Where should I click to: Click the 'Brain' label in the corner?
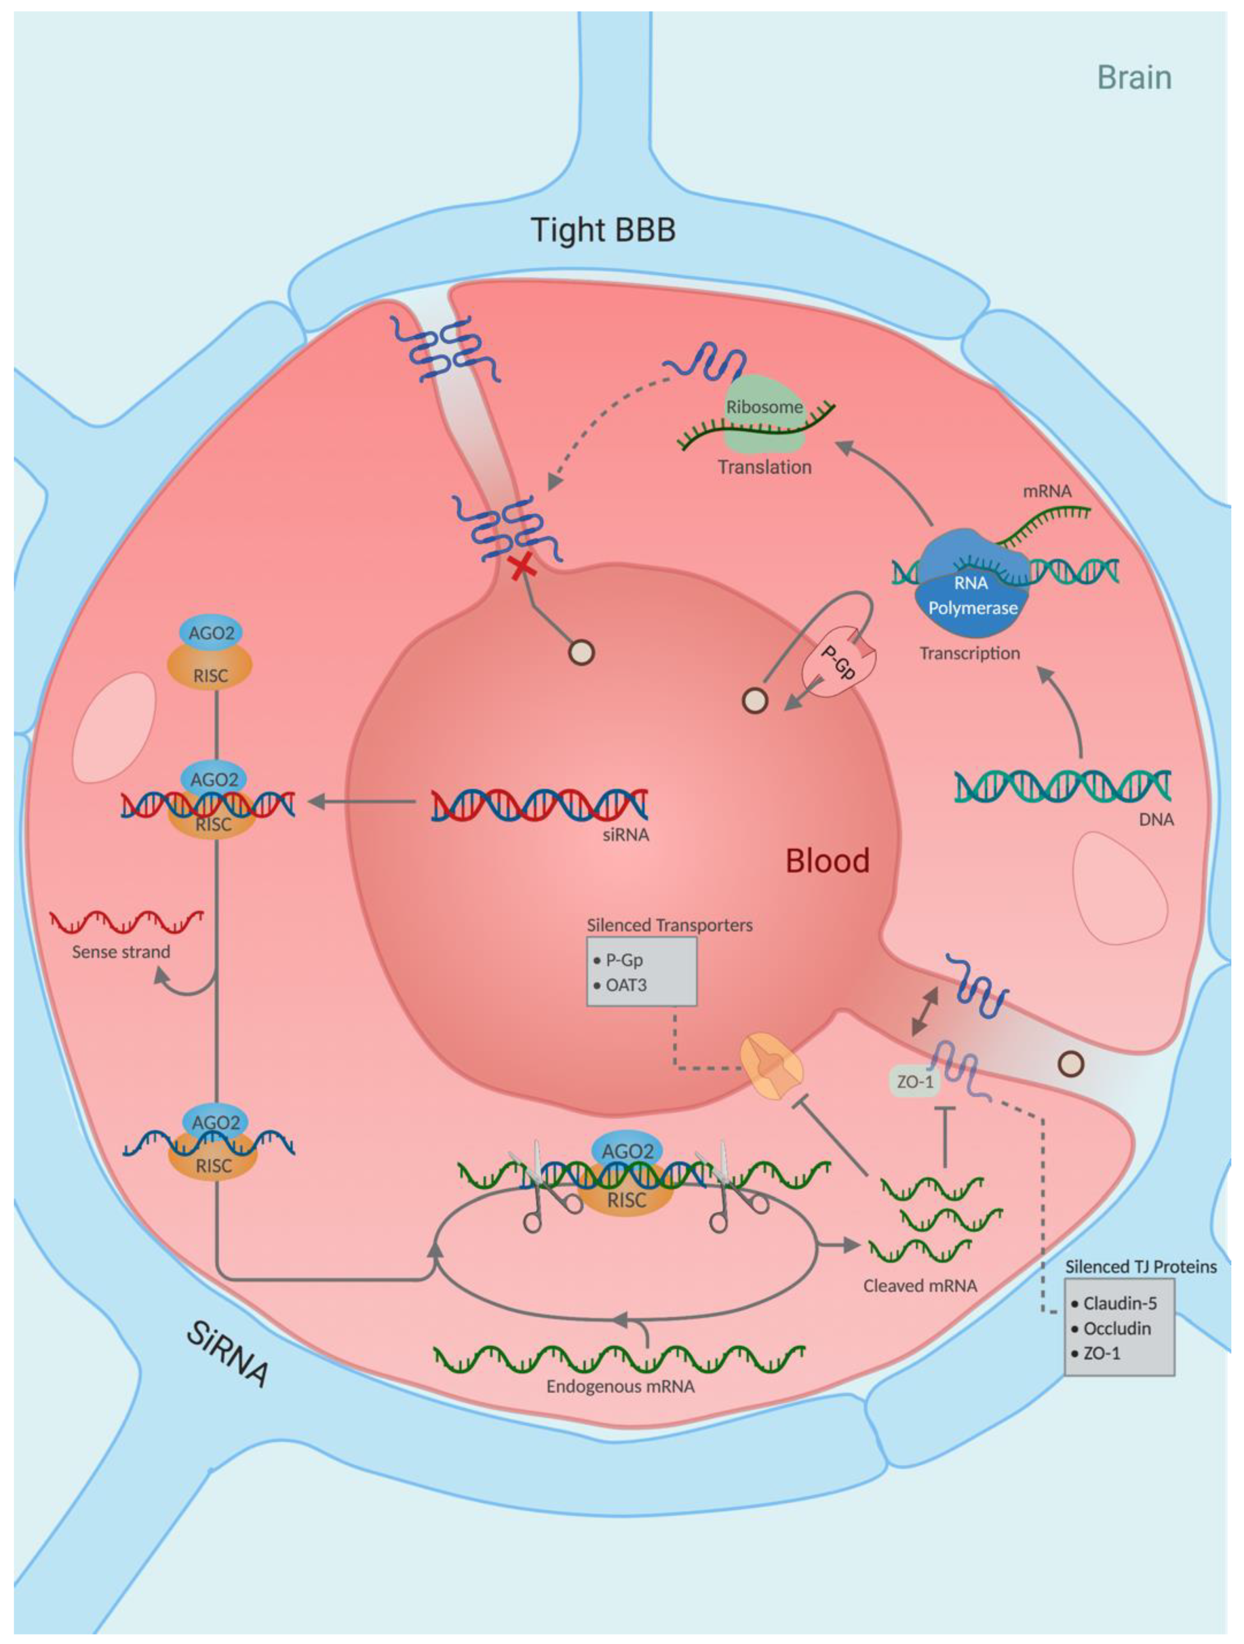tap(1134, 78)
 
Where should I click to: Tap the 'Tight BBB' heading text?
tap(603, 230)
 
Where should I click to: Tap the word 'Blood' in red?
tap(827, 861)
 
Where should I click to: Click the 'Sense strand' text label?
tap(121, 952)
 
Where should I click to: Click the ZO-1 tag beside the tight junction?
tap(915, 1081)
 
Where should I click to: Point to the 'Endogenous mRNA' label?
tap(620, 1387)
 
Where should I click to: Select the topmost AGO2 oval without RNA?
tap(211, 633)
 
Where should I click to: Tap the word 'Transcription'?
tap(969, 653)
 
